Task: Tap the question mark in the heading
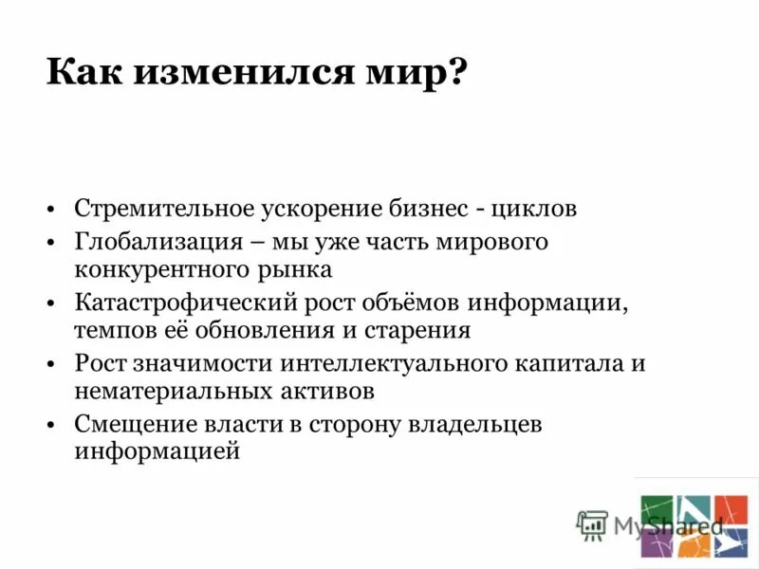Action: [x=458, y=72]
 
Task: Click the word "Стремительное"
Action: [x=152, y=208]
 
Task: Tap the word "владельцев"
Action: [x=474, y=424]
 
